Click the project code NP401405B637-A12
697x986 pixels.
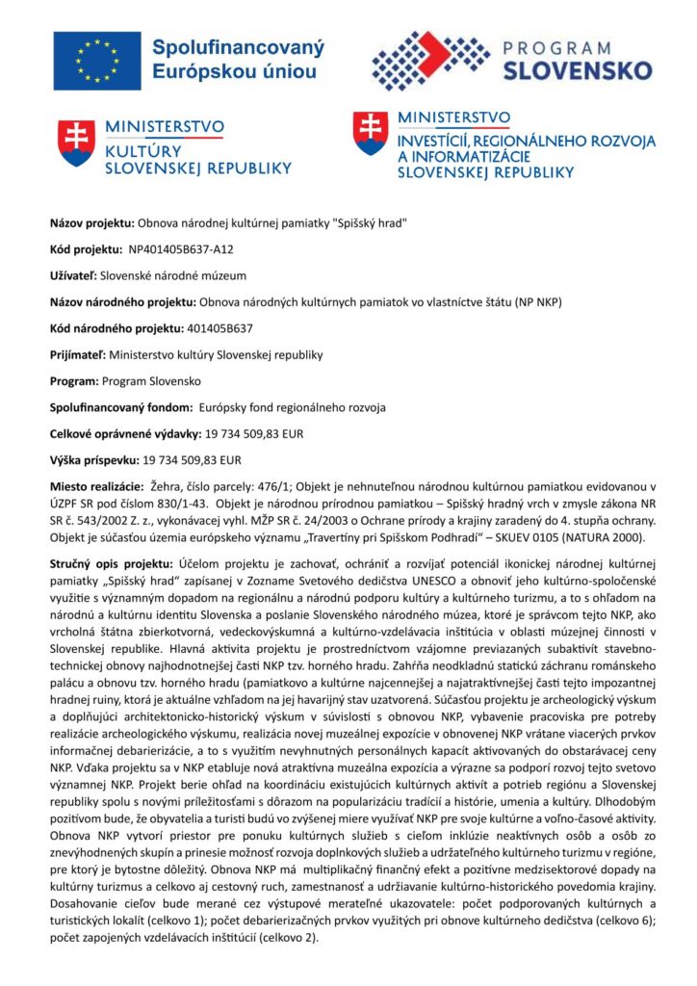point(181,249)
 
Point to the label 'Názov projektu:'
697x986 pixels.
point(92,222)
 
